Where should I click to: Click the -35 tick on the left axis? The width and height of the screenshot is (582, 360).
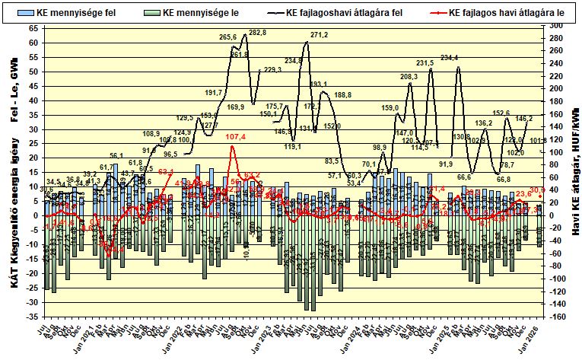click(33, 317)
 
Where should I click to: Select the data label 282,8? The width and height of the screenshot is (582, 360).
click(258, 33)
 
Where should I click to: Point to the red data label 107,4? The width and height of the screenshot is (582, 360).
click(237, 137)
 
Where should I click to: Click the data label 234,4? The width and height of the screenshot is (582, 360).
click(449, 58)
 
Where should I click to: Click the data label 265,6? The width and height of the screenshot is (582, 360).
click(228, 37)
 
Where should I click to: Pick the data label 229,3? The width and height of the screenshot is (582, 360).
click(272, 69)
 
